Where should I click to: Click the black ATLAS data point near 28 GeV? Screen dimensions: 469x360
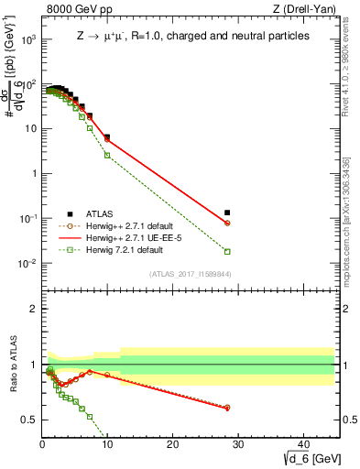(x=227, y=213)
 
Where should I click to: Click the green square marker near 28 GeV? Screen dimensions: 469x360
(x=227, y=251)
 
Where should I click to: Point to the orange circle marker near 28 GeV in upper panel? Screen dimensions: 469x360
(x=227, y=224)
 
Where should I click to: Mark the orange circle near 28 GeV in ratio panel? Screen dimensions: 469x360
(x=227, y=408)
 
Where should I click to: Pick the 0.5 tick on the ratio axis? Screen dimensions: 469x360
(x=29, y=420)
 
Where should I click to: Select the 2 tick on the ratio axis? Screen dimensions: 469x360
(x=33, y=309)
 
